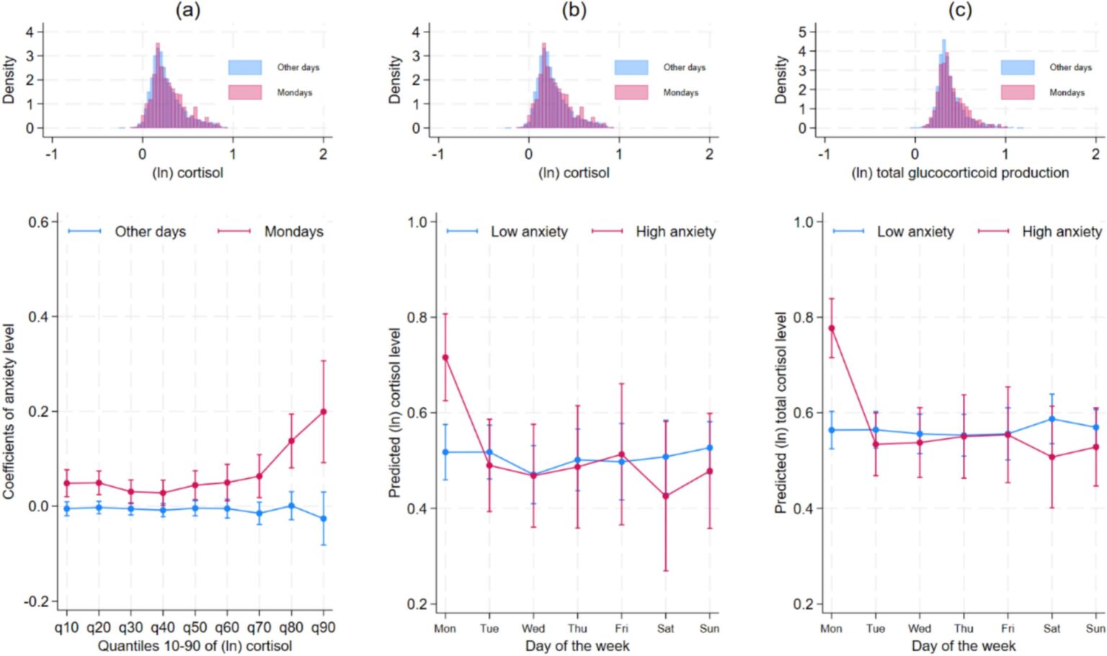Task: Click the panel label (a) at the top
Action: [188, 10]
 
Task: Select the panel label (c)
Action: [960, 10]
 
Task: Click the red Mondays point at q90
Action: [324, 411]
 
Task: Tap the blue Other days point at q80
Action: [292, 506]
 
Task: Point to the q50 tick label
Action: [195, 628]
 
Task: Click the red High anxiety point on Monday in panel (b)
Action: [445, 357]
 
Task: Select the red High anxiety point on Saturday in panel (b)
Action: [666, 496]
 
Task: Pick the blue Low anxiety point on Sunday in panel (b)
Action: [710, 448]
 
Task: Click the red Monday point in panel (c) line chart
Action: [832, 328]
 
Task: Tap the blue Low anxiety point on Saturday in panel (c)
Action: [1052, 419]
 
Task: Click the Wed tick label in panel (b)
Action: [533, 629]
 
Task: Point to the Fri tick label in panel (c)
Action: [1008, 629]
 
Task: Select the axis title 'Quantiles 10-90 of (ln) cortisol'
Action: [195, 646]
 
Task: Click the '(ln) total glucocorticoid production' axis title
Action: [960, 173]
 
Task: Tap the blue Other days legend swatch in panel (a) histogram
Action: [245, 68]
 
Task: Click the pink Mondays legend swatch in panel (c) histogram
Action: [1018, 92]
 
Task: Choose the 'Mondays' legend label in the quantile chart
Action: [294, 231]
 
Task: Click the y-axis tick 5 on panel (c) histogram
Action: [803, 32]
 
